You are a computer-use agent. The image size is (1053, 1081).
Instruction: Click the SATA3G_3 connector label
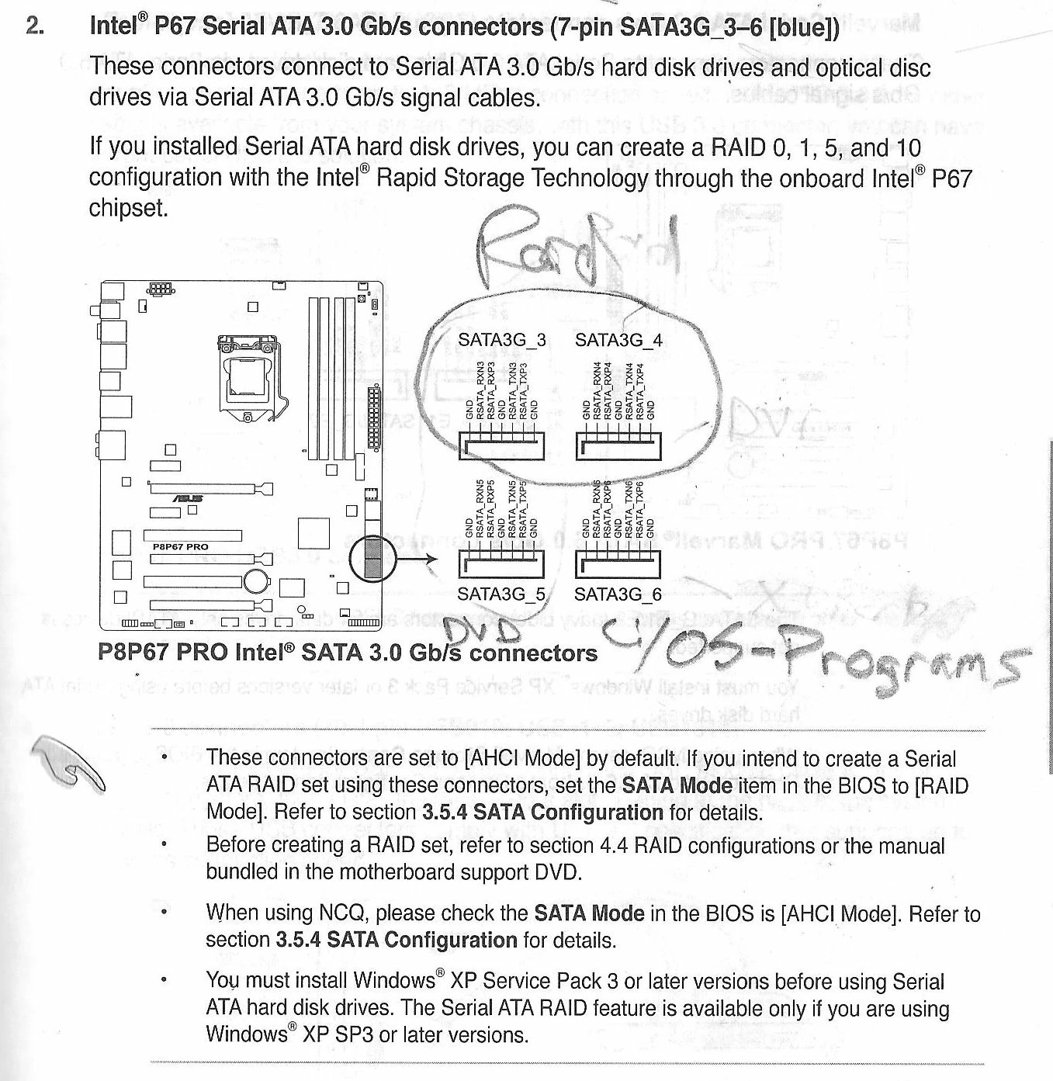tap(501, 340)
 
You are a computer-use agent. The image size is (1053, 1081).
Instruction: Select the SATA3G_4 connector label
tap(618, 340)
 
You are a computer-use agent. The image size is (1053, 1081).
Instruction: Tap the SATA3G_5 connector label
tap(501, 594)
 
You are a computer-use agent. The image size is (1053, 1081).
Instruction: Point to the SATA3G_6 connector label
tap(618, 594)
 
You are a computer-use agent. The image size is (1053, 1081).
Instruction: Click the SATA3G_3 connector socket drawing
tap(502, 445)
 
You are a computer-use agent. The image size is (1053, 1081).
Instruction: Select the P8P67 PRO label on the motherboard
tap(181, 546)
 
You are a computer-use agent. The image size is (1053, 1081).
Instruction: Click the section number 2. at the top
tap(34, 26)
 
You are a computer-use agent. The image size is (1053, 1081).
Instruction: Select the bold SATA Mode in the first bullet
tap(677, 785)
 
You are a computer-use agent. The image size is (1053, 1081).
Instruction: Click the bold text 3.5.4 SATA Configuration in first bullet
tap(542, 812)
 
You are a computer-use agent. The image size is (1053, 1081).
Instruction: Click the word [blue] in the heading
tap(805, 28)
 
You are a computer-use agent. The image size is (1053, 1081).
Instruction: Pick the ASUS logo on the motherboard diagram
tap(187, 498)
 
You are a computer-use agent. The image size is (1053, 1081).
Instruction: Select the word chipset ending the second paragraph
tap(128, 208)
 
